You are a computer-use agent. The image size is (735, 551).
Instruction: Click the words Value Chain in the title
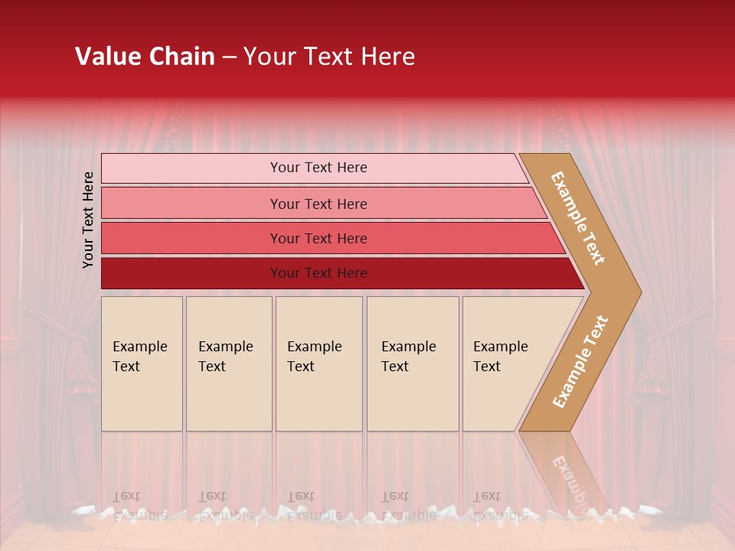[x=145, y=57]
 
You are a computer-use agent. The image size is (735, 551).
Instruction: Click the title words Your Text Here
[x=329, y=57]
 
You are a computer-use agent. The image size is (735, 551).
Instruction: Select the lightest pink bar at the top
[x=191, y=168]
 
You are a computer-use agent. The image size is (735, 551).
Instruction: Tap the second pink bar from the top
[x=191, y=204]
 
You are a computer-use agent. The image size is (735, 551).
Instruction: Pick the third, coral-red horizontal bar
[x=191, y=238]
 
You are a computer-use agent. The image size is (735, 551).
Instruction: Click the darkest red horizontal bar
[x=191, y=273]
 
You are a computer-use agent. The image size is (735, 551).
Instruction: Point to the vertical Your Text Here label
[x=88, y=220]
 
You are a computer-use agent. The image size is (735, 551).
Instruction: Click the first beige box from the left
[x=142, y=398]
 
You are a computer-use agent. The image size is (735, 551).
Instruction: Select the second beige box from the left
[x=229, y=398]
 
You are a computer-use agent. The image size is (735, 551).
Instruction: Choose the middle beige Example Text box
[x=318, y=398]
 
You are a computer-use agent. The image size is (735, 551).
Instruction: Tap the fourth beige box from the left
[x=413, y=398]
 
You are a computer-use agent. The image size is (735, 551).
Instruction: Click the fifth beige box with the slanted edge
[x=498, y=398]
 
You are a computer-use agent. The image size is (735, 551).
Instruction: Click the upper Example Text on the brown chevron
[x=578, y=218]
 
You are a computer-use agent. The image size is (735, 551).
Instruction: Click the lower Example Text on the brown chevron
[x=580, y=361]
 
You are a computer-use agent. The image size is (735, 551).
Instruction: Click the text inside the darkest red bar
[x=318, y=273]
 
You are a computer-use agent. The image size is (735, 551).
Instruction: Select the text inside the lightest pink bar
[x=318, y=168]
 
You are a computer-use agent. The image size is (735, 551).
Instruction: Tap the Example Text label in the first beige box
[x=139, y=357]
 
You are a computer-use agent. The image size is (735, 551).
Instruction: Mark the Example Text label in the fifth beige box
[x=500, y=357]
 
